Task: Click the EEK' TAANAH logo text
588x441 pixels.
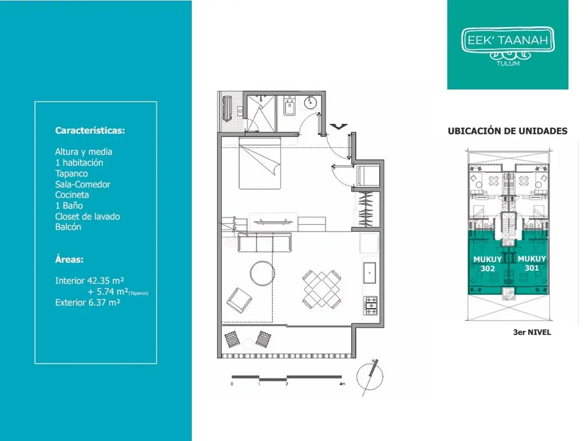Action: coord(508,41)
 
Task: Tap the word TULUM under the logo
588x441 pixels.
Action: coord(508,64)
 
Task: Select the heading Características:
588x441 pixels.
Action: coord(90,131)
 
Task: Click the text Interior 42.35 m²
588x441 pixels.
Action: coord(90,281)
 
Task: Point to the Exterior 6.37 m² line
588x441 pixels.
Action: coord(88,302)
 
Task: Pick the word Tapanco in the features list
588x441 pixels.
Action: coord(72,173)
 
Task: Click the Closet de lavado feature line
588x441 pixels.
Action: coord(88,216)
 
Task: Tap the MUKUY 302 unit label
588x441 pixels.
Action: coord(488,264)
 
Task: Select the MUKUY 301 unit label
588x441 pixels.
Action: coord(532,263)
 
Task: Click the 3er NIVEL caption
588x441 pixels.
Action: coord(532,332)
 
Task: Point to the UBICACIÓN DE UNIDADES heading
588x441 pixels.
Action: coord(508,131)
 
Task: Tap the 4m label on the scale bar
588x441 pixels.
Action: coord(342,384)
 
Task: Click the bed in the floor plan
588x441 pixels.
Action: coord(260,163)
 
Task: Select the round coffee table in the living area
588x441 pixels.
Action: coord(262,273)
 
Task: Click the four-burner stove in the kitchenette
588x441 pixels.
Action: coord(371,305)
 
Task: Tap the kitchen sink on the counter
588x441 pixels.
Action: coord(369,273)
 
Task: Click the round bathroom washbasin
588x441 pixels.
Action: coord(311,102)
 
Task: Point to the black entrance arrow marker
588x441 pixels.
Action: coord(339,127)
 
